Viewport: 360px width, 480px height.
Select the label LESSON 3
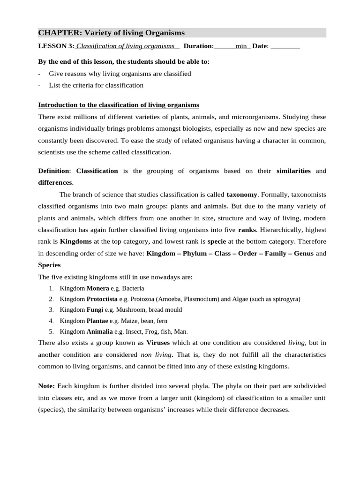55,46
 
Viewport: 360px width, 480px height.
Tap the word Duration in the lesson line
198,46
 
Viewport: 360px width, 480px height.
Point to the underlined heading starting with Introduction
119,105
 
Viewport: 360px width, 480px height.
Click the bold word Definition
53,171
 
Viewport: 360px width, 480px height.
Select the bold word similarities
293,171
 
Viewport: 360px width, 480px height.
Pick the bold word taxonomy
242,194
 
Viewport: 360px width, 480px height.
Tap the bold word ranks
247,230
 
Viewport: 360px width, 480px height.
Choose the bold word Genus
303,254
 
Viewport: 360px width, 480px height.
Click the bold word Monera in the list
97,288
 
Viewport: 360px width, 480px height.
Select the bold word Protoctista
102,299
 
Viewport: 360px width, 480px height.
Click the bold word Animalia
99,331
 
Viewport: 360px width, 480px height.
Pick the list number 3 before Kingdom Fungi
51,310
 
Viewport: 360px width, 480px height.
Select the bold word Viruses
158,343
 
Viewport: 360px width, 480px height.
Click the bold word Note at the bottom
46,385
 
